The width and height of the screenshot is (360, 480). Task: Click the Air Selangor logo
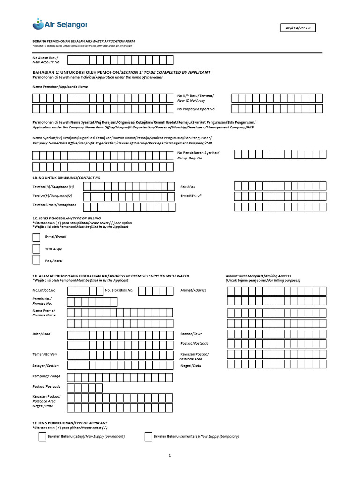pyautogui.click(x=60, y=23)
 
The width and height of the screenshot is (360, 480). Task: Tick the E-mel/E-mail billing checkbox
pyautogui.click(x=37, y=237)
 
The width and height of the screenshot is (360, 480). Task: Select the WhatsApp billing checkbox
pyautogui.click(x=37, y=248)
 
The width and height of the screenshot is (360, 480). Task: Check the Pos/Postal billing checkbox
pyautogui.click(x=37, y=260)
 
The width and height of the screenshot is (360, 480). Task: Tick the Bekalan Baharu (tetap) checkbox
pyautogui.click(x=42, y=436)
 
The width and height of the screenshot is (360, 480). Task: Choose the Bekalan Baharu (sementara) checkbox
pyautogui.click(x=149, y=436)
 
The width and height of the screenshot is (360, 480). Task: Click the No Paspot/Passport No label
pyautogui.click(x=195, y=109)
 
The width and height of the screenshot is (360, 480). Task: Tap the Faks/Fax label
pyautogui.click(x=187, y=186)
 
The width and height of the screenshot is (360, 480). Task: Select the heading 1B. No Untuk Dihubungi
pyautogui.click(x=66, y=178)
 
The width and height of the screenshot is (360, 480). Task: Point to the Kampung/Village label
pyautogui.click(x=46, y=376)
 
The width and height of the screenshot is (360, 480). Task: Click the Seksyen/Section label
pyautogui.click(x=45, y=365)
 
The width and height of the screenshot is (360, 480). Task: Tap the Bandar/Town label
pyautogui.click(x=191, y=334)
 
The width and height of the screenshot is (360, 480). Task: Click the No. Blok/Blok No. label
pyautogui.click(x=119, y=290)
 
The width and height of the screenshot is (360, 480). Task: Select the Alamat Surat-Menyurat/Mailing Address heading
pyautogui.click(x=258, y=276)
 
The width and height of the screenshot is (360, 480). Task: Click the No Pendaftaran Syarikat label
pyautogui.click(x=198, y=155)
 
